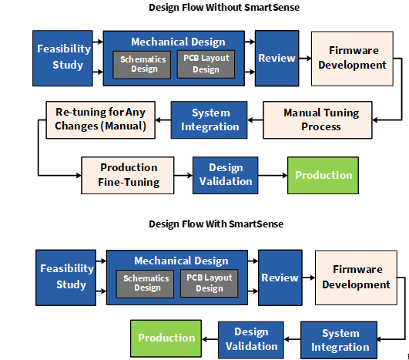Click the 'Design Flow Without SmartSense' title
click(224, 8)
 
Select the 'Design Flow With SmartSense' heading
click(216, 224)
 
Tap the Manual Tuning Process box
click(317, 120)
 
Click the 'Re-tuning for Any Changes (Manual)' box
click(101, 120)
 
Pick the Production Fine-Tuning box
click(128, 176)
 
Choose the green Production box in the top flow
click(323, 176)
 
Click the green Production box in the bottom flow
click(166, 338)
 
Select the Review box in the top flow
click(277, 59)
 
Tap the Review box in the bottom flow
click(280, 278)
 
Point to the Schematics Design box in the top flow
click(142, 65)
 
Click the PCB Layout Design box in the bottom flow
click(210, 284)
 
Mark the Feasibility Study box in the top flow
click(62, 59)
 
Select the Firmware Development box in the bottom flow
click(356, 278)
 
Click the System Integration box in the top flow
click(209, 120)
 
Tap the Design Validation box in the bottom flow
click(251, 340)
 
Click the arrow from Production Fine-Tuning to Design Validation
click(183, 176)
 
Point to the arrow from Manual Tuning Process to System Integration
click(255, 120)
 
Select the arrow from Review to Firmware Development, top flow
click(305, 59)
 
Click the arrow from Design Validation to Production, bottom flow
click(210, 339)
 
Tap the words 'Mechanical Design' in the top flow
click(178, 42)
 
